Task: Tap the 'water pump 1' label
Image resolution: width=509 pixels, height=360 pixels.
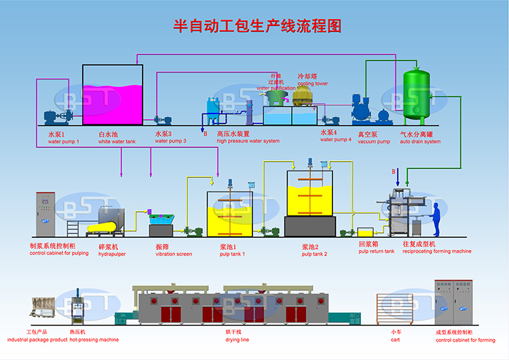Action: point(64,141)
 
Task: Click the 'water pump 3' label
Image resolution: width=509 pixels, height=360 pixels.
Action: point(170,141)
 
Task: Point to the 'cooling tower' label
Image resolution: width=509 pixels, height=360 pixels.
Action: point(312,84)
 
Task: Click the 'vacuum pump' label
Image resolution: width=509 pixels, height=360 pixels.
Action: point(374,141)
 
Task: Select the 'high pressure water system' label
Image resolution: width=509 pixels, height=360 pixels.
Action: point(248,141)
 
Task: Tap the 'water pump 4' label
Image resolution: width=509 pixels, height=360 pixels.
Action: point(335,139)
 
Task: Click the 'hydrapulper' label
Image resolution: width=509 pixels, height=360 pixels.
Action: point(111,254)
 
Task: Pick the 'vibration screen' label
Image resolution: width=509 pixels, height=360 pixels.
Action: point(173,254)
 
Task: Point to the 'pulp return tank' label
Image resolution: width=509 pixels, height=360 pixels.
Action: point(376,251)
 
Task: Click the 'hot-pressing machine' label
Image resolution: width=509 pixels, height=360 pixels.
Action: point(94,339)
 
